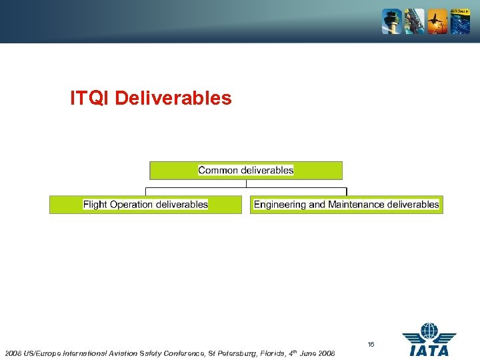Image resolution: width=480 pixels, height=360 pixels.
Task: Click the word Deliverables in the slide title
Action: tap(173, 99)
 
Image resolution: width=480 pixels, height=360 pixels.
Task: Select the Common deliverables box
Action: tap(245, 171)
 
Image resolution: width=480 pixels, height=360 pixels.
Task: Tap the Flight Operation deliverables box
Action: tap(145, 205)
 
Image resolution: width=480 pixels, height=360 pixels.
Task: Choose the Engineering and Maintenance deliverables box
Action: tap(346, 205)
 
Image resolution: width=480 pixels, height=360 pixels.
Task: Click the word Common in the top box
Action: tap(218, 171)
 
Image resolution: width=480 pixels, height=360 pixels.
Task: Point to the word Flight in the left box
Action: tap(95, 205)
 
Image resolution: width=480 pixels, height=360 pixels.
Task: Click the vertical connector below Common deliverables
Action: tap(246, 184)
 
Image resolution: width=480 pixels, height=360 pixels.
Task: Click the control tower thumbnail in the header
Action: tap(391, 22)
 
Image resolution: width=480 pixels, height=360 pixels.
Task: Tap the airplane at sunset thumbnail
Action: tap(437, 22)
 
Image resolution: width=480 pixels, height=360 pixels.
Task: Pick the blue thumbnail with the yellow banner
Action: tap(460, 22)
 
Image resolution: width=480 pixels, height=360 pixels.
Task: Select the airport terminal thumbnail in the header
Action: tap(414, 22)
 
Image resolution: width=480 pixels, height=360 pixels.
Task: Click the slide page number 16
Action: tap(371, 345)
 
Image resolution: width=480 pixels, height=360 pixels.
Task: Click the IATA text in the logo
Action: tap(429, 350)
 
